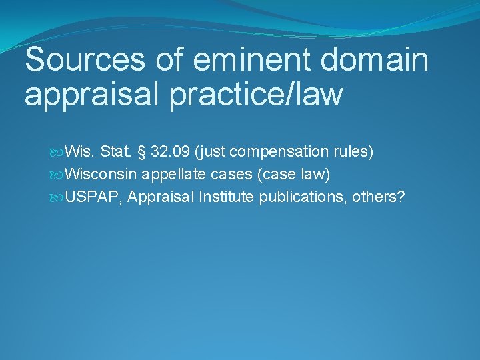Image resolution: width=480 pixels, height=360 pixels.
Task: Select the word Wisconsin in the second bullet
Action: (101, 174)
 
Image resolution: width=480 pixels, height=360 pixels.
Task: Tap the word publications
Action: (297, 197)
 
